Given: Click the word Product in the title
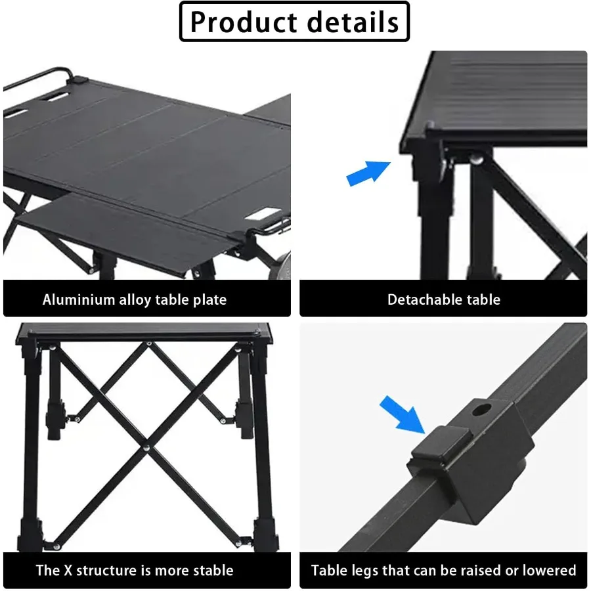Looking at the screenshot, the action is point(242,22).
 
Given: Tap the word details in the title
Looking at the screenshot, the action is point(353,22).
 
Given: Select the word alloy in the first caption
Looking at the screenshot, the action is point(135,300).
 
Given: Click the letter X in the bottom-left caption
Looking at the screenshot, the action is point(68,570).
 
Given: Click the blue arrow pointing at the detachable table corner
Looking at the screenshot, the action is point(368,173).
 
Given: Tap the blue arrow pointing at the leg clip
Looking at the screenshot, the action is point(403,415).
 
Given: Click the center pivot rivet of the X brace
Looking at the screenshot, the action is point(146,448).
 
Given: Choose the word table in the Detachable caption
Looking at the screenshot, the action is point(483,299).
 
